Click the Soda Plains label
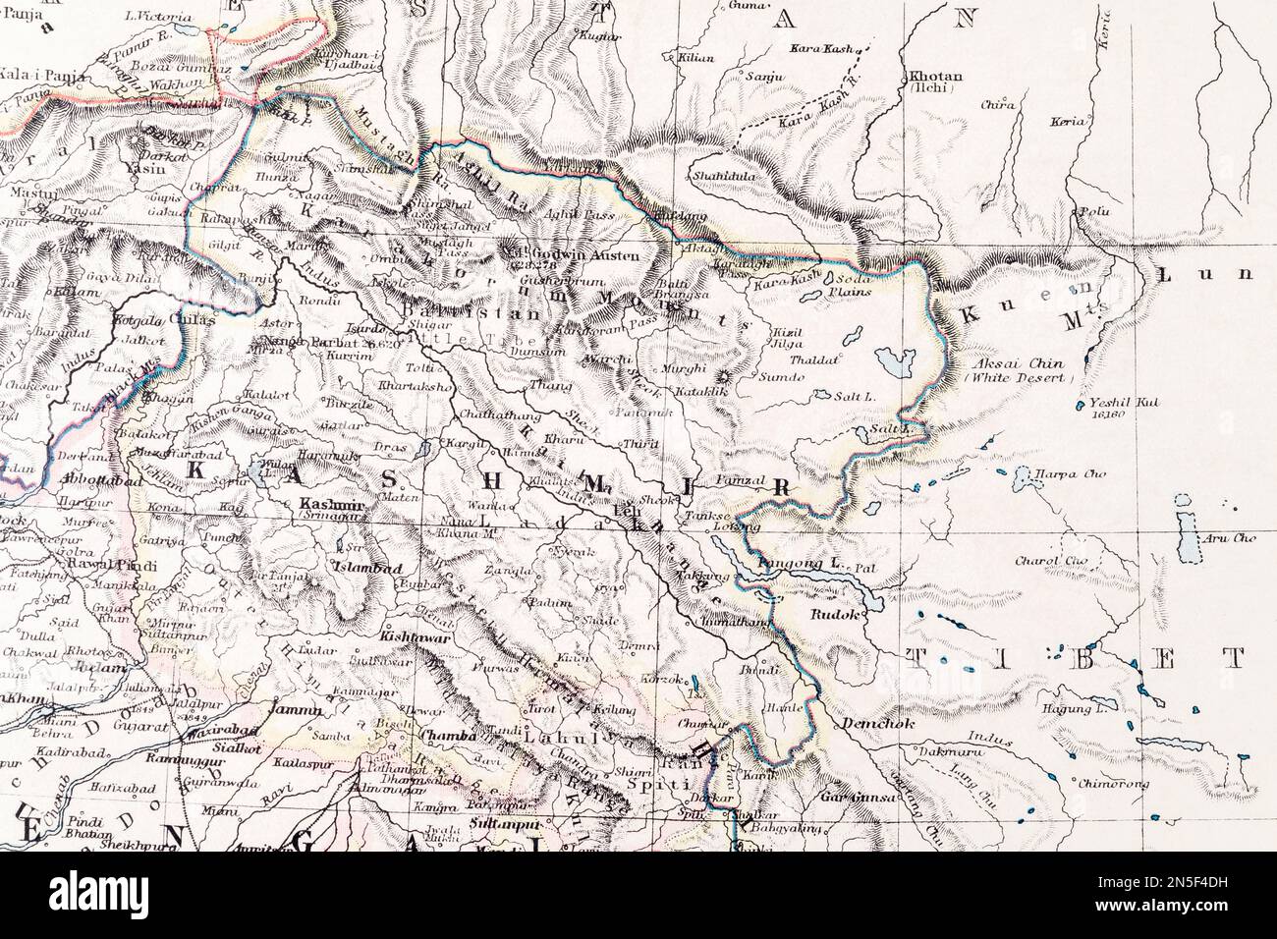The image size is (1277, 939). pos(845,285)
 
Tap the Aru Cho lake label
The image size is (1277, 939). pos(1232,537)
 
